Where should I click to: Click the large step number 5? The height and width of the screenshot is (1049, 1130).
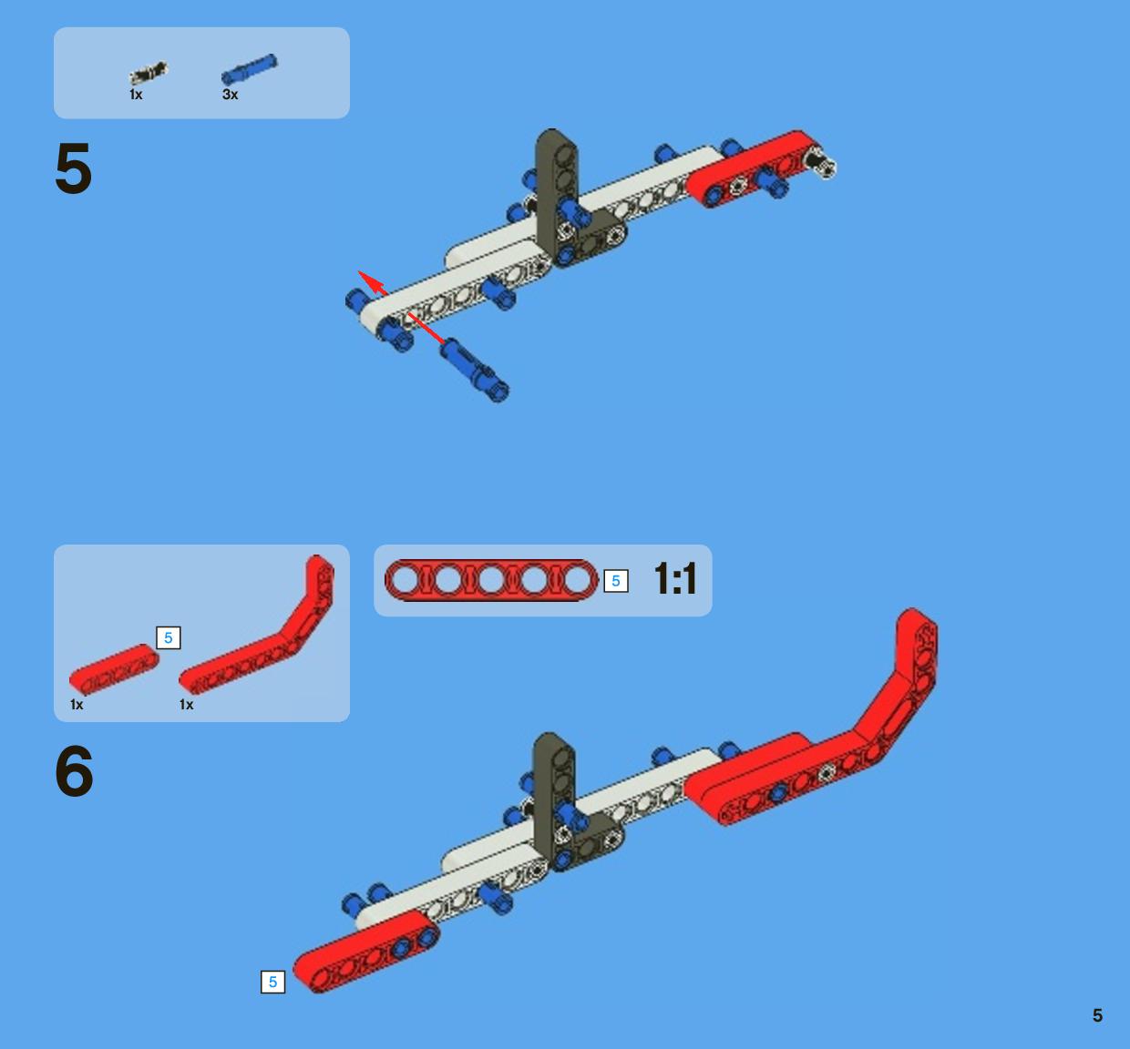[x=74, y=168]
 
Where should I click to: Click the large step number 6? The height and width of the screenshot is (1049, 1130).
[x=74, y=771]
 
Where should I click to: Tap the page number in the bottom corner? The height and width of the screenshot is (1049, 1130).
[x=1097, y=1015]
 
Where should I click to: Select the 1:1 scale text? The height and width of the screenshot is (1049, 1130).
[x=675, y=579]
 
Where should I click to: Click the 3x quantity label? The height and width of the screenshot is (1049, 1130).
[x=230, y=95]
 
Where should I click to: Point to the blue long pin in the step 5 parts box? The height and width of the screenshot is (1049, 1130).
[x=249, y=69]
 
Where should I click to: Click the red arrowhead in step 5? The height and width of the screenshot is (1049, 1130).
[x=372, y=281]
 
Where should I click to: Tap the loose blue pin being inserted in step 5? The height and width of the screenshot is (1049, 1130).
[x=475, y=370]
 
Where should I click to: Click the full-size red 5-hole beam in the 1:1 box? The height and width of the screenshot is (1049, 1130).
[x=491, y=581]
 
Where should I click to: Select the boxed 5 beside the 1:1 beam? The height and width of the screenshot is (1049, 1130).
[x=616, y=581]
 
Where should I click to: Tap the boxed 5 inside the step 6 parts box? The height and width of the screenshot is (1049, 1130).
[x=169, y=638]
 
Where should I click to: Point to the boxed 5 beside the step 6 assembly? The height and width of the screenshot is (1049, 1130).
[x=273, y=982]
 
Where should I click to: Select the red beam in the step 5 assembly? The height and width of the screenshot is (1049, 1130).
[x=754, y=168]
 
